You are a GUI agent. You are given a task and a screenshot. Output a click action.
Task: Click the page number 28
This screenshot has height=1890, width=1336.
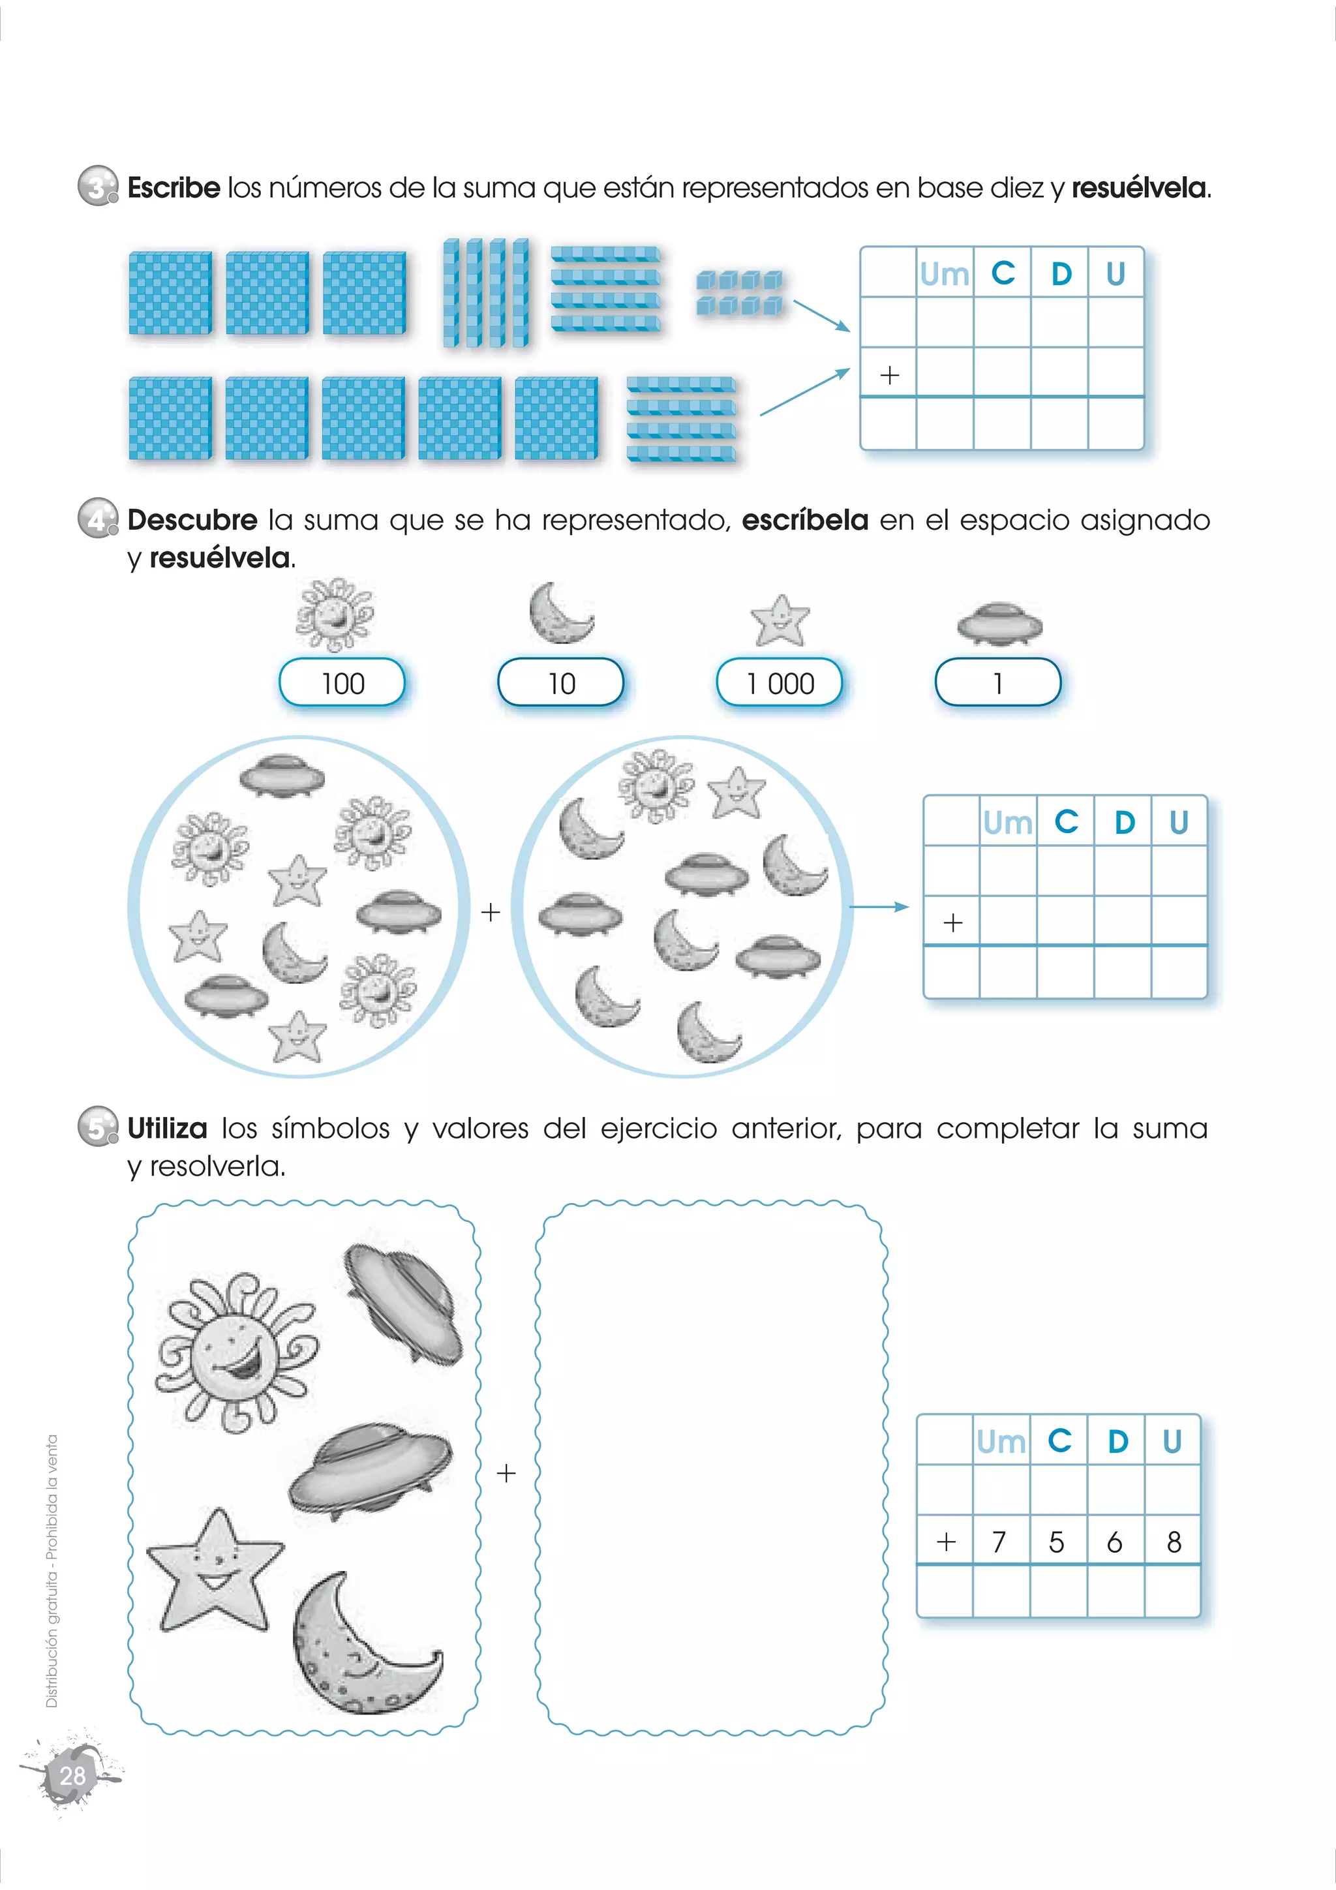pyautogui.click(x=72, y=1776)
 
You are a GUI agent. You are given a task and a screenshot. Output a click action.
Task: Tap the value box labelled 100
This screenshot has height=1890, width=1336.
pyautogui.click(x=342, y=682)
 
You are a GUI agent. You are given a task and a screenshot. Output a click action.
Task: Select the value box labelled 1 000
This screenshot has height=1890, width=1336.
pyautogui.click(x=780, y=682)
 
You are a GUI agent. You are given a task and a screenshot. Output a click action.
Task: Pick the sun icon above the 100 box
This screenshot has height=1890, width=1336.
pyautogui.click(x=334, y=614)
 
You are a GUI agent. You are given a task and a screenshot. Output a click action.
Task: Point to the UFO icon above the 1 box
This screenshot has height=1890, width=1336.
pyautogui.click(x=999, y=623)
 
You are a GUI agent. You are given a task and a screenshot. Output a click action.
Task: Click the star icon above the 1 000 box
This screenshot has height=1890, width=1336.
pyautogui.click(x=780, y=620)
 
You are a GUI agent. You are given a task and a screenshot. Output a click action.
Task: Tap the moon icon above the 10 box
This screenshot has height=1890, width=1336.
pyautogui.click(x=560, y=613)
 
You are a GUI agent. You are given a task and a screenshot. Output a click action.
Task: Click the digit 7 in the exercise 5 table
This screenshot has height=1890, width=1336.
pyautogui.click(x=999, y=1541)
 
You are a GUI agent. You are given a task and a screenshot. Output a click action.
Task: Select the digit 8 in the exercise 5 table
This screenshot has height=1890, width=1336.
pyautogui.click(x=1174, y=1541)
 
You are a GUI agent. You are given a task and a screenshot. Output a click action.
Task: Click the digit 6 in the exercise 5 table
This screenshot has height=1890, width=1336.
pyautogui.click(x=1115, y=1541)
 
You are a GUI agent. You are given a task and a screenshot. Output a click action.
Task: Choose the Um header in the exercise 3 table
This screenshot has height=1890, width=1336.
pyautogui.click(x=944, y=274)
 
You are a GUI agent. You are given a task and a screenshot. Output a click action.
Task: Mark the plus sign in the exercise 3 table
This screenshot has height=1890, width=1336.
pyautogui.click(x=889, y=375)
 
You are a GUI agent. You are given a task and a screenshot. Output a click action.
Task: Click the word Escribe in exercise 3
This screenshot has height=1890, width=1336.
pyautogui.click(x=174, y=188)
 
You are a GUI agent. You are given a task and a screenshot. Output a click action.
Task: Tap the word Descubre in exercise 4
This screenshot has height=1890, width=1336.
pyautogui.click(x=192, y=520)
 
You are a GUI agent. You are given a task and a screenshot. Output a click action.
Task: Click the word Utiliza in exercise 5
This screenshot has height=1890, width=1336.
pyautogui.click(x=168, y=1128)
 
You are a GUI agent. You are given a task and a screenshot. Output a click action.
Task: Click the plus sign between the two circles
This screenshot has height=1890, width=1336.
pyautogui.click(x=491, y=912)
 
